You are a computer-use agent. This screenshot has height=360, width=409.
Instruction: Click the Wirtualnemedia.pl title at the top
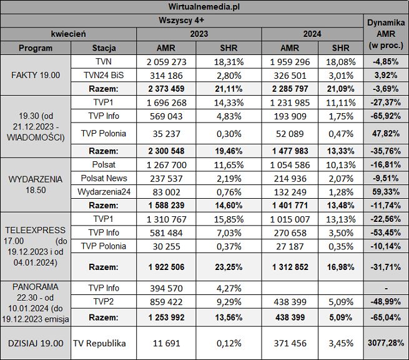click(x=204, y=7)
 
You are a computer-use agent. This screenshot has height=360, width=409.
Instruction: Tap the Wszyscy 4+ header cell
click(x=182, y=20)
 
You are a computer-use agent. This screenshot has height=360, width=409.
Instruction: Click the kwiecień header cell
click(x=69, y=34)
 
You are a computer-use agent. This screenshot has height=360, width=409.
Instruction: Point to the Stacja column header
click(x=104, y=48)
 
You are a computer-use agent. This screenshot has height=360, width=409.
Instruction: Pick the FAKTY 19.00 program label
click(x=36, y=75)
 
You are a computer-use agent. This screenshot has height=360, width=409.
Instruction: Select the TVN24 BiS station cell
click(x=104, y=75)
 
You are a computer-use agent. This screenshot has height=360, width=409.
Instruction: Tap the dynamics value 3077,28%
click(x=386, y=343)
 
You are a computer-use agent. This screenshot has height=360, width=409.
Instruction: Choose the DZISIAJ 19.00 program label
click(x=36, y=343)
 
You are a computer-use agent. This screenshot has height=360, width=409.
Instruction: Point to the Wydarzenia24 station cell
click(x=104, y=192)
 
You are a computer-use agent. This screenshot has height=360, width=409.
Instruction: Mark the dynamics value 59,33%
click(x=386, y=192)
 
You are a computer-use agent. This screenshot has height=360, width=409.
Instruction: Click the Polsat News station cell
click(x=104, y=179)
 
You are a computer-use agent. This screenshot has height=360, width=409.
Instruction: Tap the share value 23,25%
click(x=229, y=267)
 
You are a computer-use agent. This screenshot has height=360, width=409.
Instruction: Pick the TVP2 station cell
click(x=104, y=302)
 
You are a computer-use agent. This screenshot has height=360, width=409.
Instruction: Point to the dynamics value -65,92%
click(x=386, y=116)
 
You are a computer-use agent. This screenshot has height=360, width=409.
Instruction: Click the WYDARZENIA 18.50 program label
click(x=36, y=184)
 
